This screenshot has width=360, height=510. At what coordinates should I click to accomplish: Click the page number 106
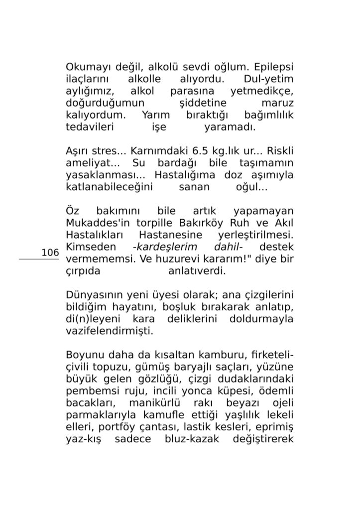click(50, 253)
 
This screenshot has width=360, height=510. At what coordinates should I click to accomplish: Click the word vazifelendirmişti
click(103, 331)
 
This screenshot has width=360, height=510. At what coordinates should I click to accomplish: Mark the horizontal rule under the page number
click(39, 259)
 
